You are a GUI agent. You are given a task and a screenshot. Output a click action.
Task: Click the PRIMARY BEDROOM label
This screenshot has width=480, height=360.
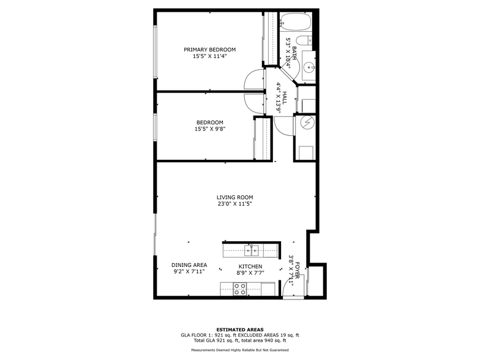[210, 50]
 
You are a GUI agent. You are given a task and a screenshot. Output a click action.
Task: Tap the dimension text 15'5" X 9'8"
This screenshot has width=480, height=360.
[210, 129]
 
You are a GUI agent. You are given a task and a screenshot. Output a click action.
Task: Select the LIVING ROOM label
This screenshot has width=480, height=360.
[234, 197]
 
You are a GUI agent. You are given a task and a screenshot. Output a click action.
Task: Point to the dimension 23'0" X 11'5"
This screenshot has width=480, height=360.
[234, 204]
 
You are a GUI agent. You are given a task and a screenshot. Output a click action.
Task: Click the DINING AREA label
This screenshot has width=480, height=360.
[188, 265]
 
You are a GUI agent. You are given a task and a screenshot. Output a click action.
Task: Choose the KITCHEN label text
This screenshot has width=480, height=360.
[250, 266]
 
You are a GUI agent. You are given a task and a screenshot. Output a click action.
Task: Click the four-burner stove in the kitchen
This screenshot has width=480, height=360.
[240, 289]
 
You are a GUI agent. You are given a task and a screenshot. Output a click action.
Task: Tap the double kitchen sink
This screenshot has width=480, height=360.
[251, 250]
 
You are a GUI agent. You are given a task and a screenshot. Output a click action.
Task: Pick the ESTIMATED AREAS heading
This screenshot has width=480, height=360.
[239, 329]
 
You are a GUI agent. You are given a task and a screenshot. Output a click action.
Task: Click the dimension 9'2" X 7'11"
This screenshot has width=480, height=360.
[188, 272]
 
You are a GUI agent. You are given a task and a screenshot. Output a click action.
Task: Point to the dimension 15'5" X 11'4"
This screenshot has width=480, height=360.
[210, 56]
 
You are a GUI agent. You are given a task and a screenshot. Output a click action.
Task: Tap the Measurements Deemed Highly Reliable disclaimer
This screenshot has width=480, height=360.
[239, 350]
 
